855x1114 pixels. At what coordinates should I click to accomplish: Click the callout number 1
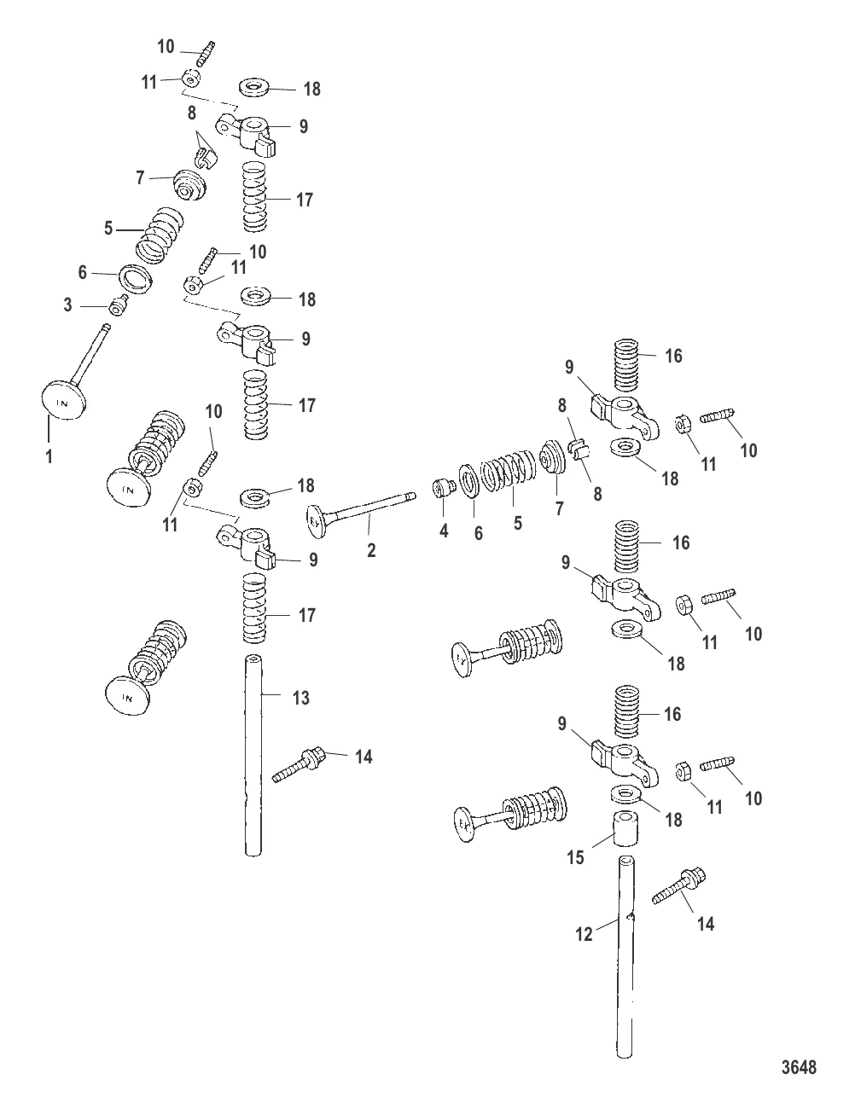pyautogui.click(x=49, y=457)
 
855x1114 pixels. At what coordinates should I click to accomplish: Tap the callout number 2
pyautogui.click(x=371, y=551)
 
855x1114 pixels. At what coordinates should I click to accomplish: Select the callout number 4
pyautogui.click(x=444, y=531)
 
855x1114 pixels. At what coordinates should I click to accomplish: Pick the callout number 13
pyautogui.click(x=300, y=698)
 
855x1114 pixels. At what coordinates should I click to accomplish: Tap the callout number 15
pyautogui.click(x=576, y=857)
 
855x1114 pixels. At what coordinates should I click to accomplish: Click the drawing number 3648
pyautogui.click(x=799, y=1066)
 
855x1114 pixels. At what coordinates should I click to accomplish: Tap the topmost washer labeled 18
pyautogui.click(x=253, y=88)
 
